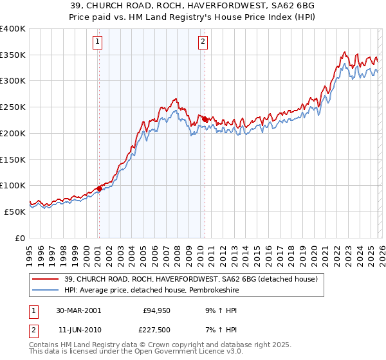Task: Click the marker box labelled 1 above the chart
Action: (x=98, y=42)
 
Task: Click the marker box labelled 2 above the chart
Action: (x=203, y=42)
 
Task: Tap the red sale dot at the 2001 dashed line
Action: (x=99, y=188)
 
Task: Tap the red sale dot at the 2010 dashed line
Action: (x=204, y=119)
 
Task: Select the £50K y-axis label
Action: (x=15, y=212)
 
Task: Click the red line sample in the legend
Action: (x=46, y=279)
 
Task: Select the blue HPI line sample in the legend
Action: (x=46, y=290)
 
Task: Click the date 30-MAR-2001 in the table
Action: (x=78, y=310)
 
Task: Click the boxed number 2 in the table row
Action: (x=33, y=330)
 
